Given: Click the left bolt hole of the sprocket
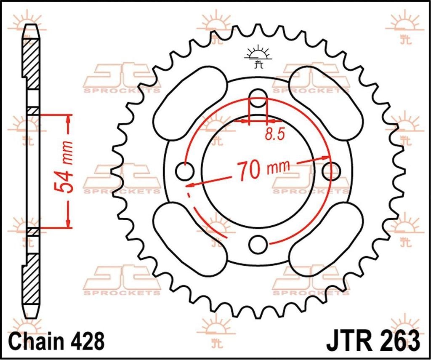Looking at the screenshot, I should (184, 171).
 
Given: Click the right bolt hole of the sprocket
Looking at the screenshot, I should (331, 171).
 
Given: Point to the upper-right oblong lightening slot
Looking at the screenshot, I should (326, 98).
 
